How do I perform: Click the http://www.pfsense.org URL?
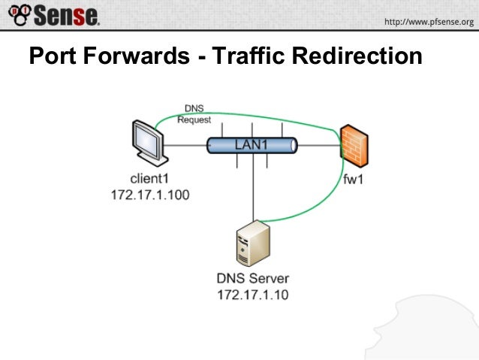pyautogui.click(x=429, y=22)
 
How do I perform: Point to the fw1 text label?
pyautogui.click(x=353, y=180)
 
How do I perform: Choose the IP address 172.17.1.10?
pyautogui.click(x=252, y=294)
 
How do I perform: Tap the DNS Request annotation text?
pyautogui.click(x=194, y=113)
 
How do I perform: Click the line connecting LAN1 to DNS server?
pyautogui.click(x=256, y=188)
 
